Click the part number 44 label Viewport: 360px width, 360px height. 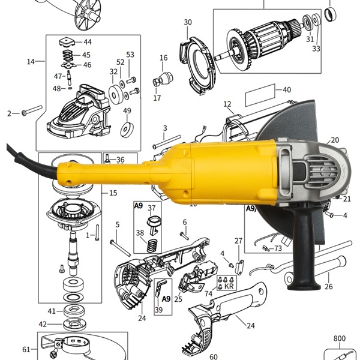click(88, 42)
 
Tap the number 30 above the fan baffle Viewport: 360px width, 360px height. click(188, 23)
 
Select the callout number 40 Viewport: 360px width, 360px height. click(287, 90)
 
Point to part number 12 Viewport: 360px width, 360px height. click(227, 104)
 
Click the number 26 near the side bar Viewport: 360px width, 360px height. click(328, 287)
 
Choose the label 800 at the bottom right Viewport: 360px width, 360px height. click(339, 339)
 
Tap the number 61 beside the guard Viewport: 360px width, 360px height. click(26, 349)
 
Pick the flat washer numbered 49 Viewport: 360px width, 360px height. click(127, 128)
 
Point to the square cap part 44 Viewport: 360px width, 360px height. click(66, 42)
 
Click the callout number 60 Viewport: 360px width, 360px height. click(214, 356)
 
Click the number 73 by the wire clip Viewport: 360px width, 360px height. click(278, 248)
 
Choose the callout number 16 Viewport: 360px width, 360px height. click(163, 58)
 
